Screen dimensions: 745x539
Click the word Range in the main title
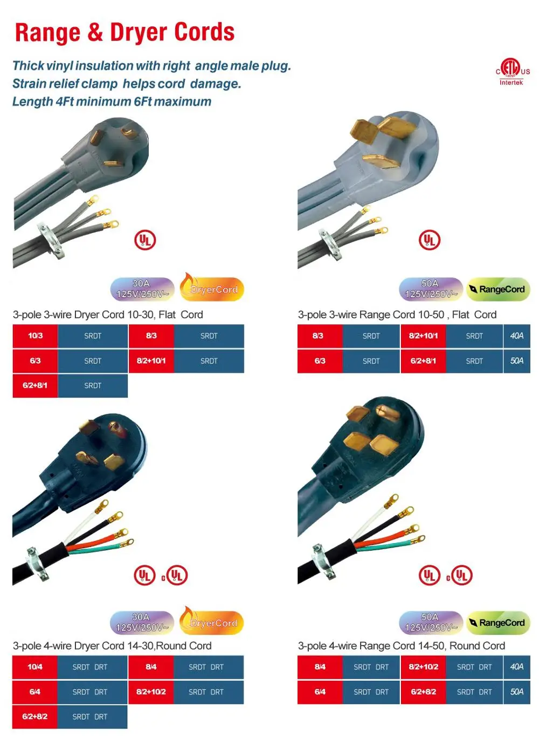(x=48, y=33)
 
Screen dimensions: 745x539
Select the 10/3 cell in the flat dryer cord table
(x=36, y=336)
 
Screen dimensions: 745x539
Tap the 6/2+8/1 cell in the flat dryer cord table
(x=35, y=386)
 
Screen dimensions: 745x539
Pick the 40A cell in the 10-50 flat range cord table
(x=516, y=336)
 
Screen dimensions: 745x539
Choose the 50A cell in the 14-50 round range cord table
(x=516, y=692)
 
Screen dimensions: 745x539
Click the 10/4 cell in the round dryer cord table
(x=35, y=667)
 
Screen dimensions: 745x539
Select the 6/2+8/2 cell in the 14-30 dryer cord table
(x=35, y=717)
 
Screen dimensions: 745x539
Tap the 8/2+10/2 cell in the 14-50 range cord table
(x=423, y=667)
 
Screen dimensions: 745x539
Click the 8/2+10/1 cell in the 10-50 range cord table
(x=423, y=336)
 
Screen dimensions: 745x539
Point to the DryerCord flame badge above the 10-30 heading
(x=212, y=288)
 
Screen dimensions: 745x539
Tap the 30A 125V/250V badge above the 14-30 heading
(x=142, y=623)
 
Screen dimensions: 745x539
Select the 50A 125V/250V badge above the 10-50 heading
(x=431, y=289)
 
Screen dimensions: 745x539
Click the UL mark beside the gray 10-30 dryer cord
(x=145, y=240)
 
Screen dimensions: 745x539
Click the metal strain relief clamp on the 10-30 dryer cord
(x=50, y=240)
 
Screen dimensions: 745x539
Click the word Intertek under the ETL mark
(x=511, y=83)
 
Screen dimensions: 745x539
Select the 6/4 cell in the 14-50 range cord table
(x=320, y=692)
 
